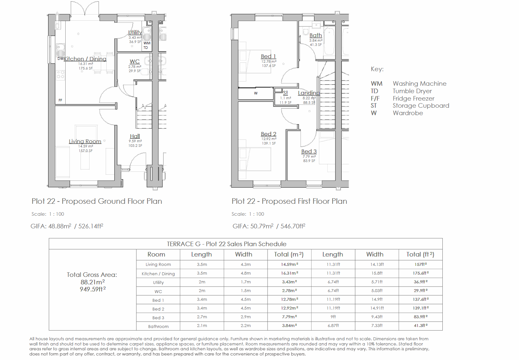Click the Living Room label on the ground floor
point(85,141)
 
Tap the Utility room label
point(135,32)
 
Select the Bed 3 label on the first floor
point(309,151)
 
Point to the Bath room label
point(316,35)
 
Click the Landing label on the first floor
point(309,93)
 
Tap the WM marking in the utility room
point(147,43)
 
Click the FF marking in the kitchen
point(60,101)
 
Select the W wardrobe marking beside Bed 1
point(256,93)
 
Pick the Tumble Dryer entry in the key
point(412,91)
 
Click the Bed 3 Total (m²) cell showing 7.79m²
point(289,317)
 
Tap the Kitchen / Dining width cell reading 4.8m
point(246,273)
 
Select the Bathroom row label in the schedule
point(158,326)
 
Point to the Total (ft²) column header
point(420,255)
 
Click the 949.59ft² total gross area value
point(93,289)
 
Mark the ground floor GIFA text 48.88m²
point(59,226)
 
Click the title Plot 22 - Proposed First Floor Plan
point(289,201)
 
